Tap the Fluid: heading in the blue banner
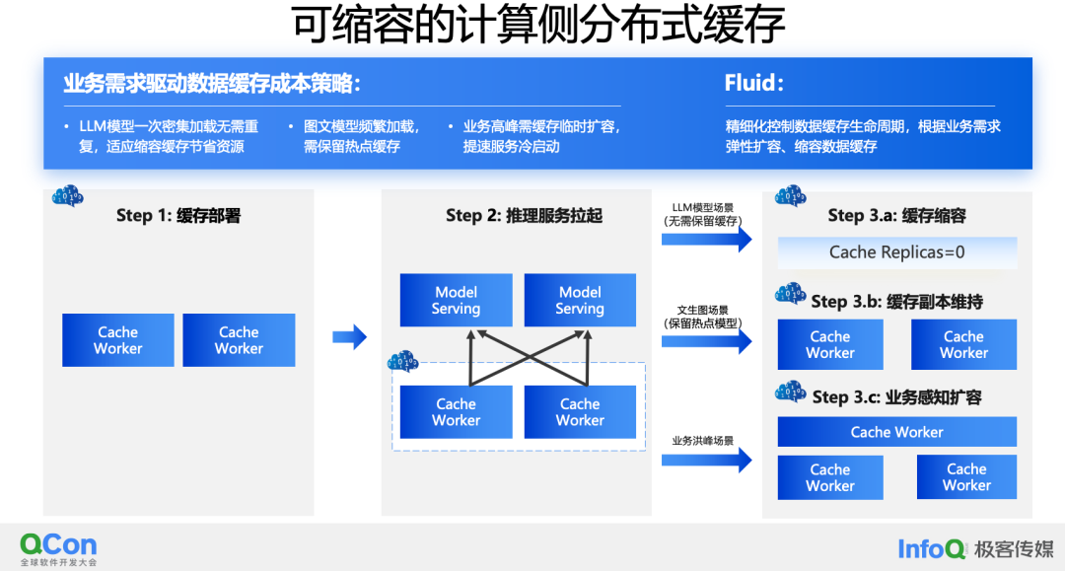pyautogui.click(x=753, y=83)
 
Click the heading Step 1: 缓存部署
pyautogui.click(x=178, y=216)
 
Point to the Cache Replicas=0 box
pyautogui.click(x=896, y=252)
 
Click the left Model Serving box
pyautogui.click(x=456, y=300)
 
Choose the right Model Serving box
pyautogui.click(x=580, y=300)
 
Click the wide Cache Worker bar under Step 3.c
pyautogui.click(x=896, y=432)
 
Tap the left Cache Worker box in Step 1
pyautogui.click(x=118, y=340)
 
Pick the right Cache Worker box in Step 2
pyautogui.click(x=580, y=412)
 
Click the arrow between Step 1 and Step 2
pyautogui.click(x=349, y=337)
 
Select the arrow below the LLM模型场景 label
pyautogui.click(x=706, y=239)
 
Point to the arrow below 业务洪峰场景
pyautogui.click(x=706, y=460)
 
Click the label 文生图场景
pyautogui.click(x=702, y=310)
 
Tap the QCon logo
pyautogui.click(x=58, y=545)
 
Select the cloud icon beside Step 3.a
pyautogui.click(x=791, y=197)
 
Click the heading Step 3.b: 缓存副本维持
pyautogui.click(x=896, y=302)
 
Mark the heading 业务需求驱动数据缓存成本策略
pyautogui.click(x=212, y=84)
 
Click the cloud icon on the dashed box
pyautogui.click(x=402, y=362)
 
